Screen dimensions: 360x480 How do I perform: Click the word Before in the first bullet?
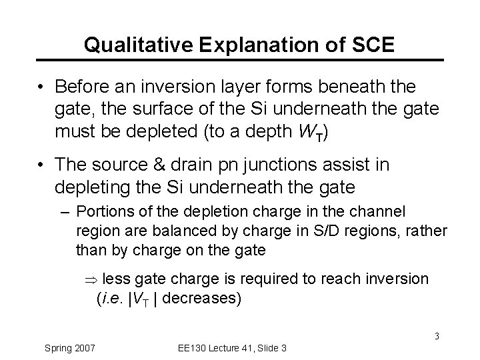tap(83, 87)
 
